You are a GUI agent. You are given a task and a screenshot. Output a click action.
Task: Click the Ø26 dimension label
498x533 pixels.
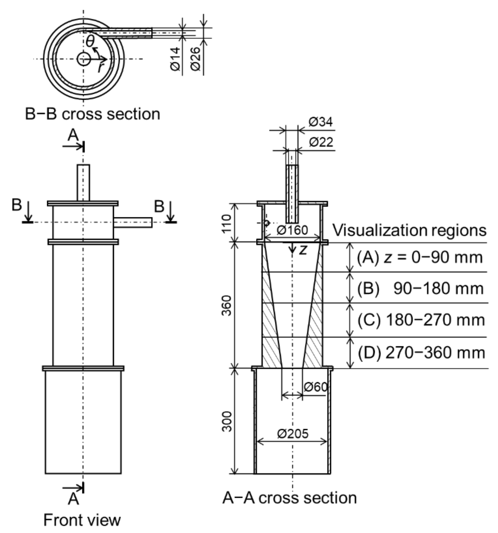[x=196, y=59]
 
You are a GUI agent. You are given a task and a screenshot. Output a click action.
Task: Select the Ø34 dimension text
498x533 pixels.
[x=320, y=122]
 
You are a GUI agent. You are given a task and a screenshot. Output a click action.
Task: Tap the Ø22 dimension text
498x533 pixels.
[x=321, y=142]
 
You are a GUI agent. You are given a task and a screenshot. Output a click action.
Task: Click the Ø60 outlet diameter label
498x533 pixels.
[x=316, y=387]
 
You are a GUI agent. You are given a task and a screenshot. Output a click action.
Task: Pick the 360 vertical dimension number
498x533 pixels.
[x=227, y=306]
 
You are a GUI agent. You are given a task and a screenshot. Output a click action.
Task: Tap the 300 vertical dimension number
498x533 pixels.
[x=227, y=422]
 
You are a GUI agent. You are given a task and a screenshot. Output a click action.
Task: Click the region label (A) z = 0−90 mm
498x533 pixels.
[x=419, y=257]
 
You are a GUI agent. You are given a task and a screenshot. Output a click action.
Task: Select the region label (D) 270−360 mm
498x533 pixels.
[x=421, y=353]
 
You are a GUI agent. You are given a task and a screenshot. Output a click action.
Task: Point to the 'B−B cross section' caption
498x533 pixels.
[x=93, y=114]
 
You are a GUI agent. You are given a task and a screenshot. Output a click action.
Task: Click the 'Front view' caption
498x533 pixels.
[x=82, y=520]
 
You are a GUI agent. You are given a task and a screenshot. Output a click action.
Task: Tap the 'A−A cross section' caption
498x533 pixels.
[x=289, y=498]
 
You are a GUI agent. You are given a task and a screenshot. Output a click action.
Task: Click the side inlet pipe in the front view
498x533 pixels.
[x=133, y=222]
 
